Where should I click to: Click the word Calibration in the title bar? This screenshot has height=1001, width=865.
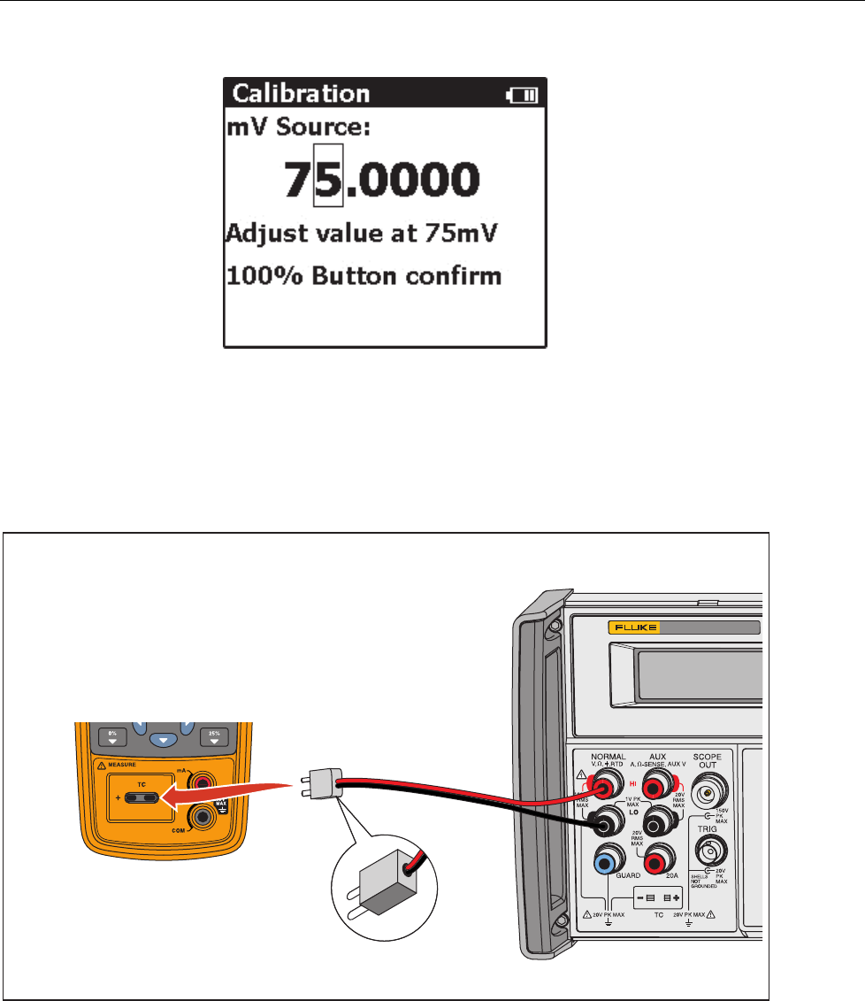[301, 93]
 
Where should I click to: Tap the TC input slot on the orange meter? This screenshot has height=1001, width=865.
[142, 797]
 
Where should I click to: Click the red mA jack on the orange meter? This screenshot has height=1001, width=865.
[203, 782]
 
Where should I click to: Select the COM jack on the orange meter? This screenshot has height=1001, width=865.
[203, 815]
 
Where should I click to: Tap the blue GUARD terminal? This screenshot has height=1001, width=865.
[609, 859]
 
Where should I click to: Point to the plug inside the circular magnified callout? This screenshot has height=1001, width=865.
[380, 897]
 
